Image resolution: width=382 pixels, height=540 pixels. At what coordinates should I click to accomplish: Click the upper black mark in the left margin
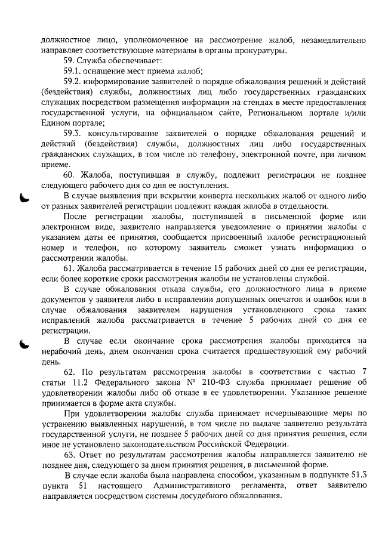(x=23, y=198)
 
